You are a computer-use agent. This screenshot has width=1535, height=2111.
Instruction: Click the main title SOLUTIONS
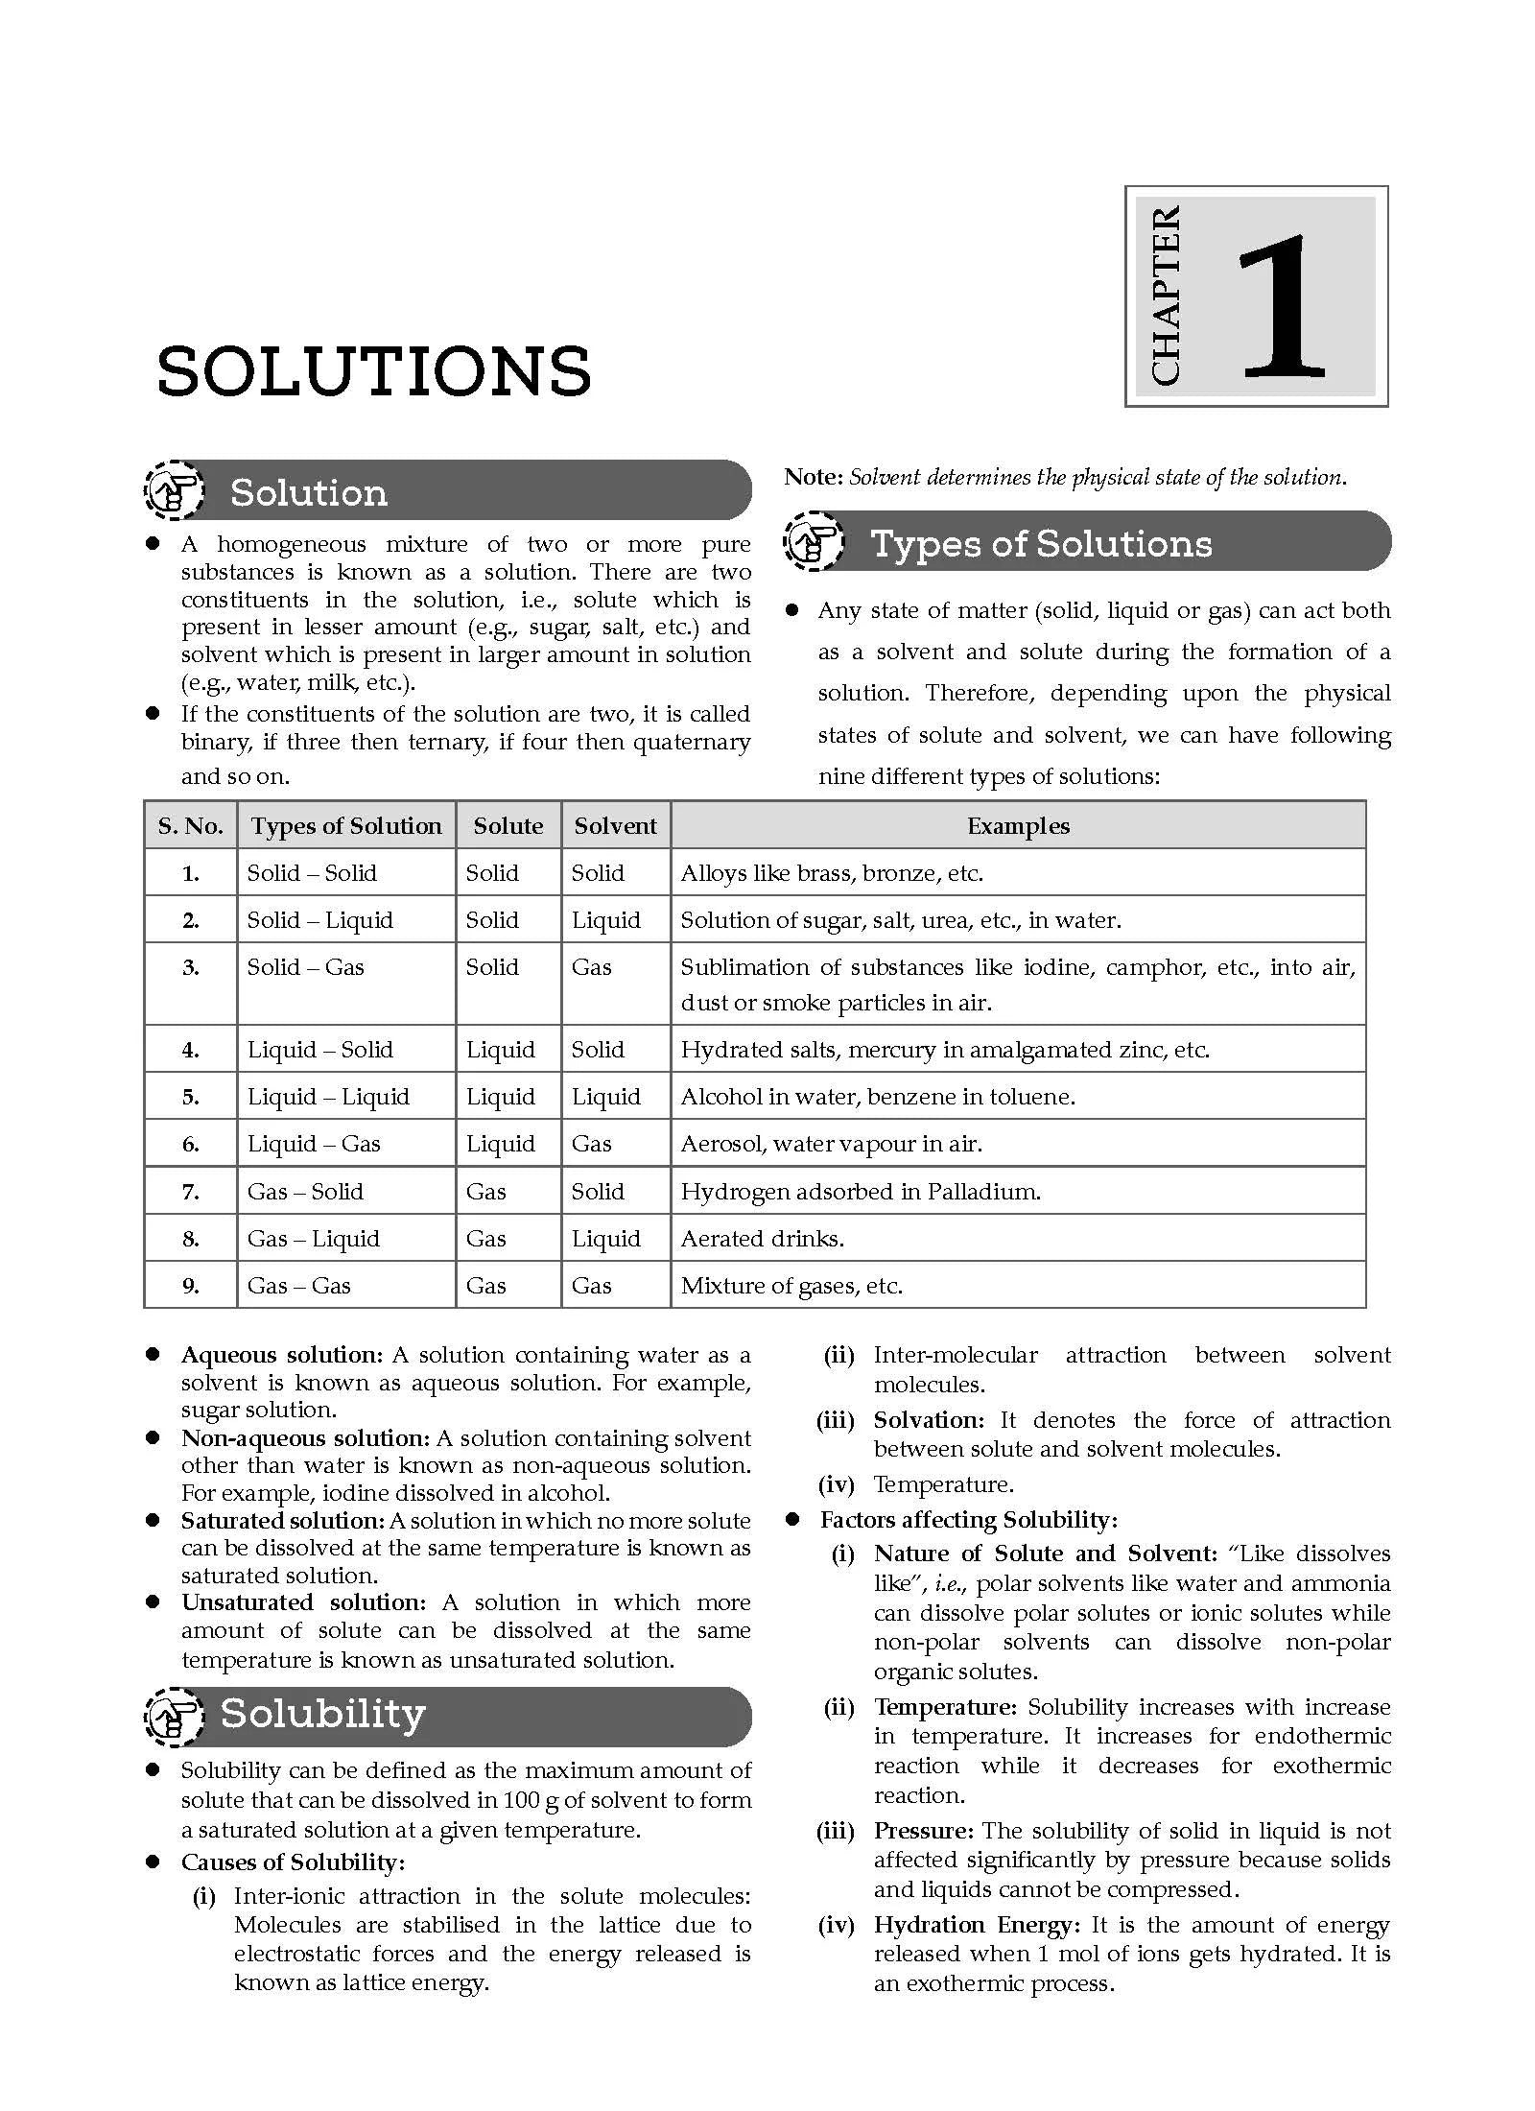[374, 372]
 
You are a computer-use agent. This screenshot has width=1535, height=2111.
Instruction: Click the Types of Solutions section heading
[1040, 544]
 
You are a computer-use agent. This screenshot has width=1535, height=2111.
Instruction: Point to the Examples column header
[1017, 826]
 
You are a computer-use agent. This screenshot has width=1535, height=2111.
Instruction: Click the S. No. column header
[190, 826]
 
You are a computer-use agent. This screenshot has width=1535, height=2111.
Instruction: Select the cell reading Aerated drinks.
[762, 1239]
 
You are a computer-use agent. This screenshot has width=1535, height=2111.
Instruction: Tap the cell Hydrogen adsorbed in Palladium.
[860, 1192]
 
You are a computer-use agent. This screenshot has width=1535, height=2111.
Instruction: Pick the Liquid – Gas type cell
[314, 1144]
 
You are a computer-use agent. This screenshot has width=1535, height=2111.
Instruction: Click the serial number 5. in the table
[191, 1097]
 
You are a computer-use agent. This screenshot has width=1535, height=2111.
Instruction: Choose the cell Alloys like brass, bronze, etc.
[832, 873]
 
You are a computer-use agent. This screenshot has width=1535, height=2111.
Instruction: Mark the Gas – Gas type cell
[298, 1286]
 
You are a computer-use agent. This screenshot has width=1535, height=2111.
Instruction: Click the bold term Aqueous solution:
[281, 1355]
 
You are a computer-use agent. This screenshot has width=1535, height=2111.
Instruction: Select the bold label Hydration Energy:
[976, 1926]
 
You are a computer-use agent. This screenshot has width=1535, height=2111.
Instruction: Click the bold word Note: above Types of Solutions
[813, 477]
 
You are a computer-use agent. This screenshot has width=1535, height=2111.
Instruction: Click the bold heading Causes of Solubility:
[293, 1862]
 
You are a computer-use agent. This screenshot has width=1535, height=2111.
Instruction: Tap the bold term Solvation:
[929, 1420]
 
